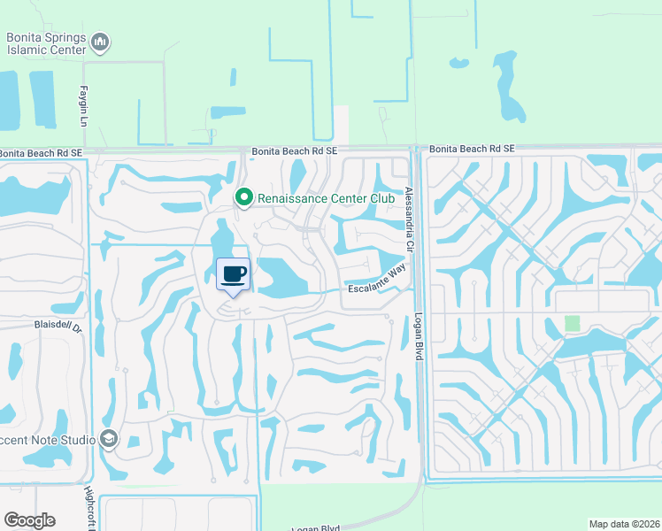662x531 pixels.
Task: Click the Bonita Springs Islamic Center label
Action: pyautogui.click(x=45, y=42)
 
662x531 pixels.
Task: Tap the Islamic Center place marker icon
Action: pyautogui.click(x=100, y=42)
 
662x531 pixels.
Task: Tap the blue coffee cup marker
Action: pyautogui.click(x=234, y=275)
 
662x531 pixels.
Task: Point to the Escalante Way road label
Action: pyautogui.click(x=380, y=285)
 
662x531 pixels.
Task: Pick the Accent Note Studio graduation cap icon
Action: pyautogui.click(x=109, y=438)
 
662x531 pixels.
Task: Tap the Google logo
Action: pyautogui.click(x=29, y=520)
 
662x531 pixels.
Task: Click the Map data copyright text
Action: pyautogui.click(x=625, y=524)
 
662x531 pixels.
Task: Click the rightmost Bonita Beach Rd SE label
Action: pyautogui.click(x=473, y=150)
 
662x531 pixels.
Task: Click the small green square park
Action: pyautogui.click(x=573, y=324)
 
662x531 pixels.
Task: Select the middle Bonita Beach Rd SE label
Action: pyautogui.click(x=294, y=151)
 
